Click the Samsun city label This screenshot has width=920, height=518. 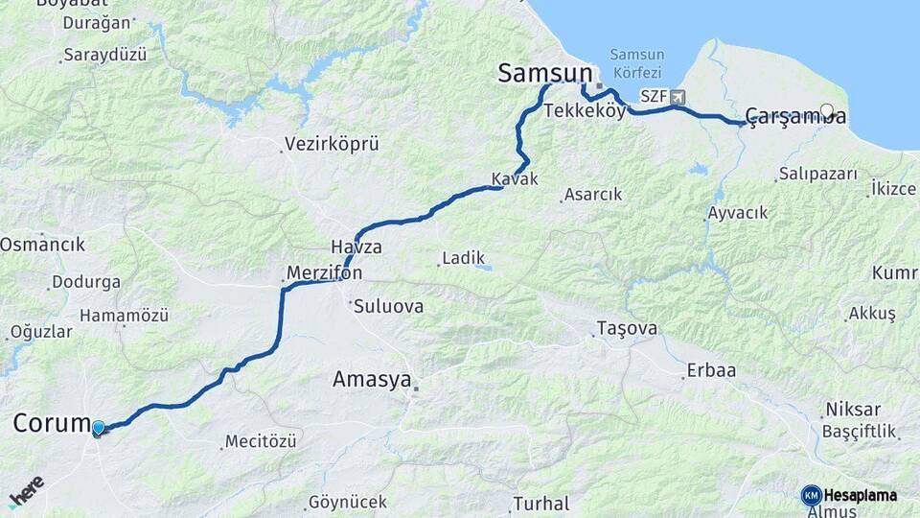pos(543,74)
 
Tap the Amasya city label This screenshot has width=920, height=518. pos(371,379)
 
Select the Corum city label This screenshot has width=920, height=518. pos(52,423)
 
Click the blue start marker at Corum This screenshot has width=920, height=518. pos(99,428)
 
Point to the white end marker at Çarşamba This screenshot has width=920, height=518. pos(827,110)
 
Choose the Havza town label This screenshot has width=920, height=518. pos(356,247)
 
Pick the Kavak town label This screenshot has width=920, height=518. pos(515,179)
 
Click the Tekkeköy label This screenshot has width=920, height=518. pos(585,111)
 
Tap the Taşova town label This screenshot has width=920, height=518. pos(628,328)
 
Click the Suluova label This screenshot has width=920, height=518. pos(388,308)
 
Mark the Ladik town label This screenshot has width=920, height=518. pos(463,258)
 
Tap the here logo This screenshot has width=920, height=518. pos(27,490)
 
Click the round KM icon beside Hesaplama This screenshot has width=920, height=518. pos(811,495)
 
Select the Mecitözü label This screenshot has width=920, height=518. pos(261,442)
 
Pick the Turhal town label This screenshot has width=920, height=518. pos(541,503)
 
